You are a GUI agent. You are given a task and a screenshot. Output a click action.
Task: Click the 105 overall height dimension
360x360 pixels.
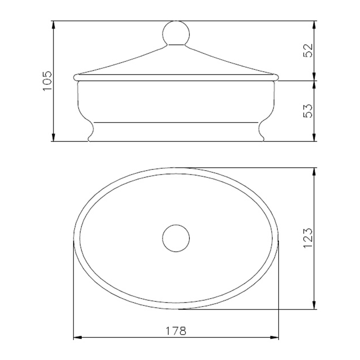point(47,81)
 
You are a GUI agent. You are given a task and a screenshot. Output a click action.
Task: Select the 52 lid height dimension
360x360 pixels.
point(308,50)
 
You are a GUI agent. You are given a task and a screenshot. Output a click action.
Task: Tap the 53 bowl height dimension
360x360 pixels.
point(308,111)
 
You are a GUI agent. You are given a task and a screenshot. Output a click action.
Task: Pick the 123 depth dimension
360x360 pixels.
point(308,238)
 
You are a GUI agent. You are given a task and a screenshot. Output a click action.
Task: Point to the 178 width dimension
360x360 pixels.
point(176,331)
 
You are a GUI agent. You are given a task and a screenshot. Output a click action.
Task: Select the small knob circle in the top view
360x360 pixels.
point(176,238)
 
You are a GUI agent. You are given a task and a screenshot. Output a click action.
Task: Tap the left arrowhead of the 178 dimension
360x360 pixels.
point(78,337)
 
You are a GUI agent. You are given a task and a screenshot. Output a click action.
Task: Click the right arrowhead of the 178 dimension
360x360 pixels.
point(274,337)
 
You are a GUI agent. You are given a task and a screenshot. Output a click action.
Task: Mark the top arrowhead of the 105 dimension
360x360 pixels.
point(53,25)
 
